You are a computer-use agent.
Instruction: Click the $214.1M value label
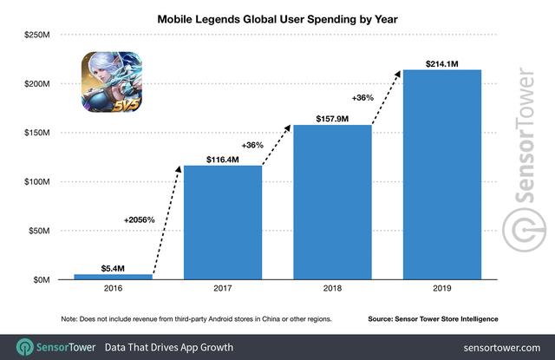coord(442,62)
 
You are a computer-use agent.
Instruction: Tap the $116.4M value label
coord(222,158)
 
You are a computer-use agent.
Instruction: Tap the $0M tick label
coord(41,279)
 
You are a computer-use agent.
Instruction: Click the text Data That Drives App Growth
coord(169,347)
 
